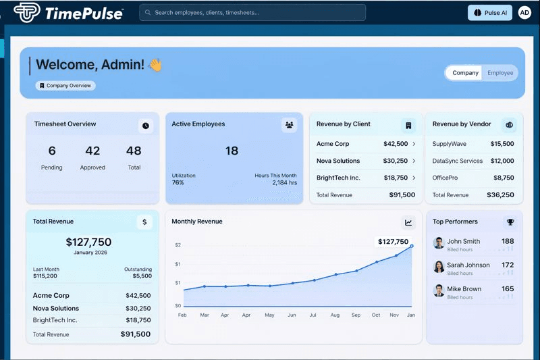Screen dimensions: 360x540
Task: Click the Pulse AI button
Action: (x=490, y=12)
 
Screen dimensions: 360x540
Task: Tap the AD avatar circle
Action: (x=524, y=12)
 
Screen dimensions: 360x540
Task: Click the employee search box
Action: (x=252, y=12)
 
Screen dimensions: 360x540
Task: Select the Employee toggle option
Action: (x=500, y=73)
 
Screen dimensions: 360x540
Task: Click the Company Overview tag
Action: (x=65, y=86)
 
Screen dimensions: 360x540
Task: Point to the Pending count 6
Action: (x=52, y=151)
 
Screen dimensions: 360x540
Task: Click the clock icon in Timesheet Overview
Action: (x=146, y=126)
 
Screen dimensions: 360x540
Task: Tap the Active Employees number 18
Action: (x=232, y=151)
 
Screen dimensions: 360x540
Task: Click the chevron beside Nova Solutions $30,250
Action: (x=414, y=161)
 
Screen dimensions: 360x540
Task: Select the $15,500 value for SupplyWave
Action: (x=502, y=144)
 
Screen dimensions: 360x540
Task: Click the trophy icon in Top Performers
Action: (x=510, y=222)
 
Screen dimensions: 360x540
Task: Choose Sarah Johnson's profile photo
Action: (x=439, y=266)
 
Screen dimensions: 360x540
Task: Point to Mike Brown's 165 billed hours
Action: (x=508, y=289)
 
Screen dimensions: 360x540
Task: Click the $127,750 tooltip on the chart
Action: (x=393, y=241)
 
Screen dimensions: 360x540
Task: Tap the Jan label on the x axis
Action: (x=410, y=315)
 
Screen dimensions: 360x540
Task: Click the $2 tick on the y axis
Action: (x=178, y=245)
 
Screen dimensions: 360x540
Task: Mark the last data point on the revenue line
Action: (x=412, y=247)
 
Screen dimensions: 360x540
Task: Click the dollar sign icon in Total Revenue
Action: (x=144, y=222)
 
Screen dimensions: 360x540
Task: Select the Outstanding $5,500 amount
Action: (x=142, y=276)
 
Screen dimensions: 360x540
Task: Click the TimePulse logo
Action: (x=67, y=12)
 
